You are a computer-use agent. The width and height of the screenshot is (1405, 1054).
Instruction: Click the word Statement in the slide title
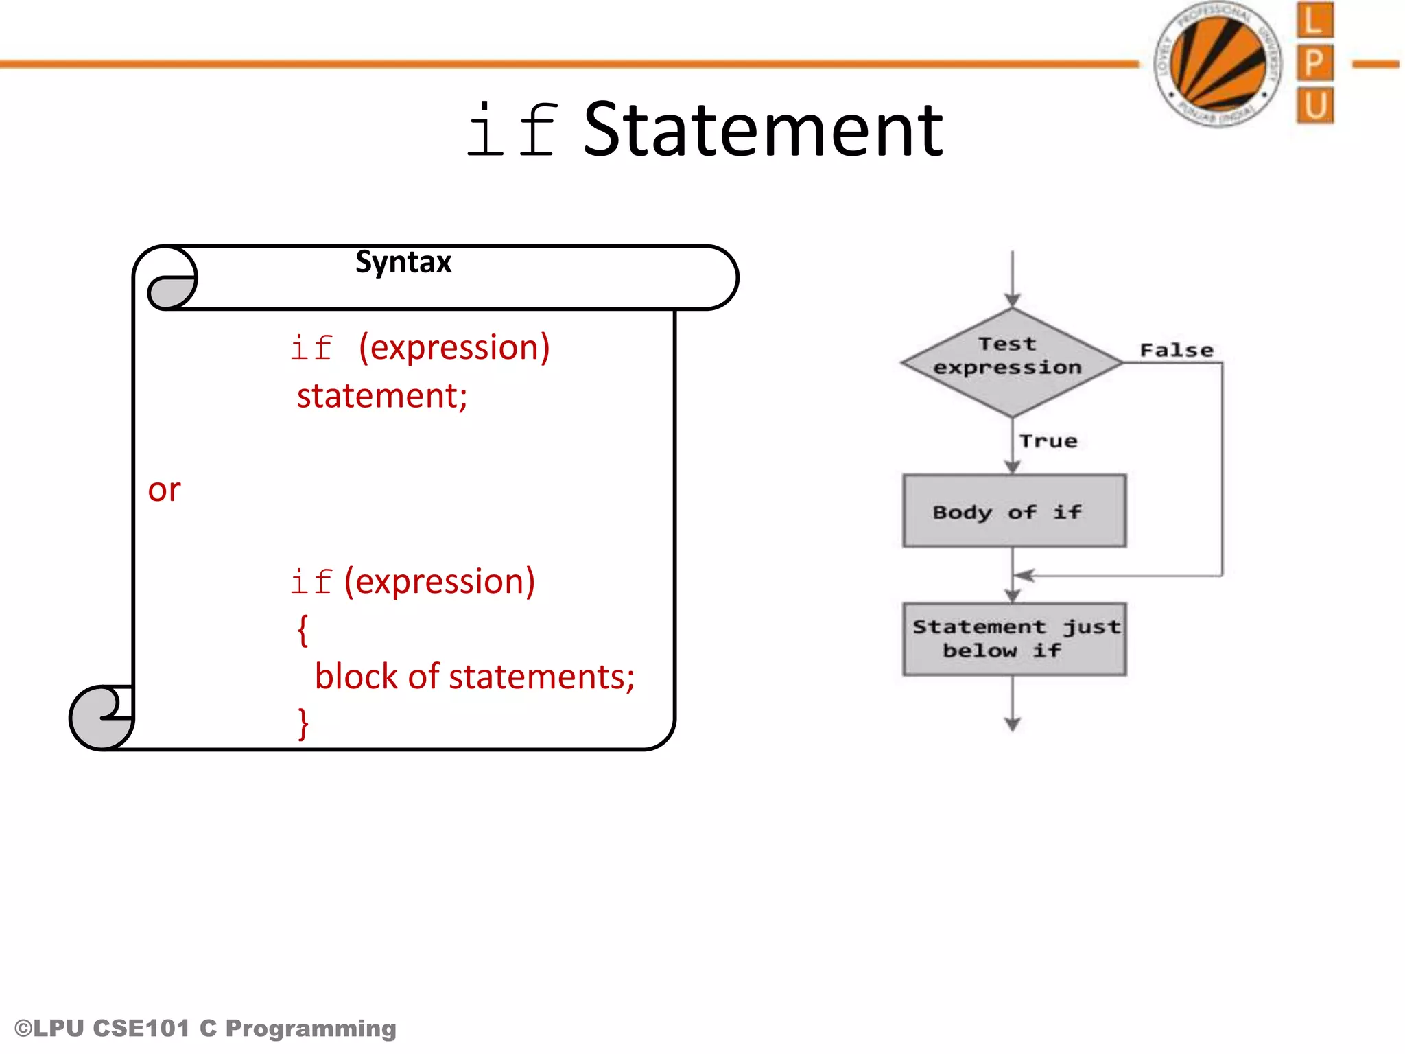(763, 130)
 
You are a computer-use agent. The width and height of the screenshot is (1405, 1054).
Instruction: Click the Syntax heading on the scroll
(403, 262)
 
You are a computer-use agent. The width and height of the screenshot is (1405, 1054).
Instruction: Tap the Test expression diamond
(1011, 362)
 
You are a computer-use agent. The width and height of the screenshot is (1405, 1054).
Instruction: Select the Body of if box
(1014, 511)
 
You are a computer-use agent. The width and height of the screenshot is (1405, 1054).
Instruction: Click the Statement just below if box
(1014, 639)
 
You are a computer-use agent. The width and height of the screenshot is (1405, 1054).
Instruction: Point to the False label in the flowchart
(1176, 351)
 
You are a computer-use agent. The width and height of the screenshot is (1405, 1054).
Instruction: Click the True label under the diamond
(1048, 441)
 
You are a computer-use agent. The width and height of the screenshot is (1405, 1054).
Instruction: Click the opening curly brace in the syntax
(303, 629)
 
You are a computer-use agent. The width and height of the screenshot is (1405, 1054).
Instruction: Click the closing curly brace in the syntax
(303, 723)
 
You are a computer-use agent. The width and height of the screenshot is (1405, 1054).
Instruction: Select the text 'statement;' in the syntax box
(382, 396)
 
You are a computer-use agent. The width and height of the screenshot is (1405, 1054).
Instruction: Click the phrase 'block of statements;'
(475, 677)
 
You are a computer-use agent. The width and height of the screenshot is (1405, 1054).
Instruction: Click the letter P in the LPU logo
(1314, 64)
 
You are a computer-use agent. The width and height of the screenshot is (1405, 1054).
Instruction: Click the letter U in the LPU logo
(1314, 106)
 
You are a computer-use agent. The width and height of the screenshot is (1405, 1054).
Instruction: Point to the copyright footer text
(206, 1028)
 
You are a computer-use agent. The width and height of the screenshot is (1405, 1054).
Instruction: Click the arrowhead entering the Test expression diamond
(1013, 300)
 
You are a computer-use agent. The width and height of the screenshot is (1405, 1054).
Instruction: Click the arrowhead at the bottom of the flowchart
(1013, 724)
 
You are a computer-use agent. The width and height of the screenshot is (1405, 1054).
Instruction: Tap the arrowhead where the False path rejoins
(1024, 576)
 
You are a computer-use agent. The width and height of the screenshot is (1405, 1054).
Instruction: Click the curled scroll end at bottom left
(102, 718)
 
